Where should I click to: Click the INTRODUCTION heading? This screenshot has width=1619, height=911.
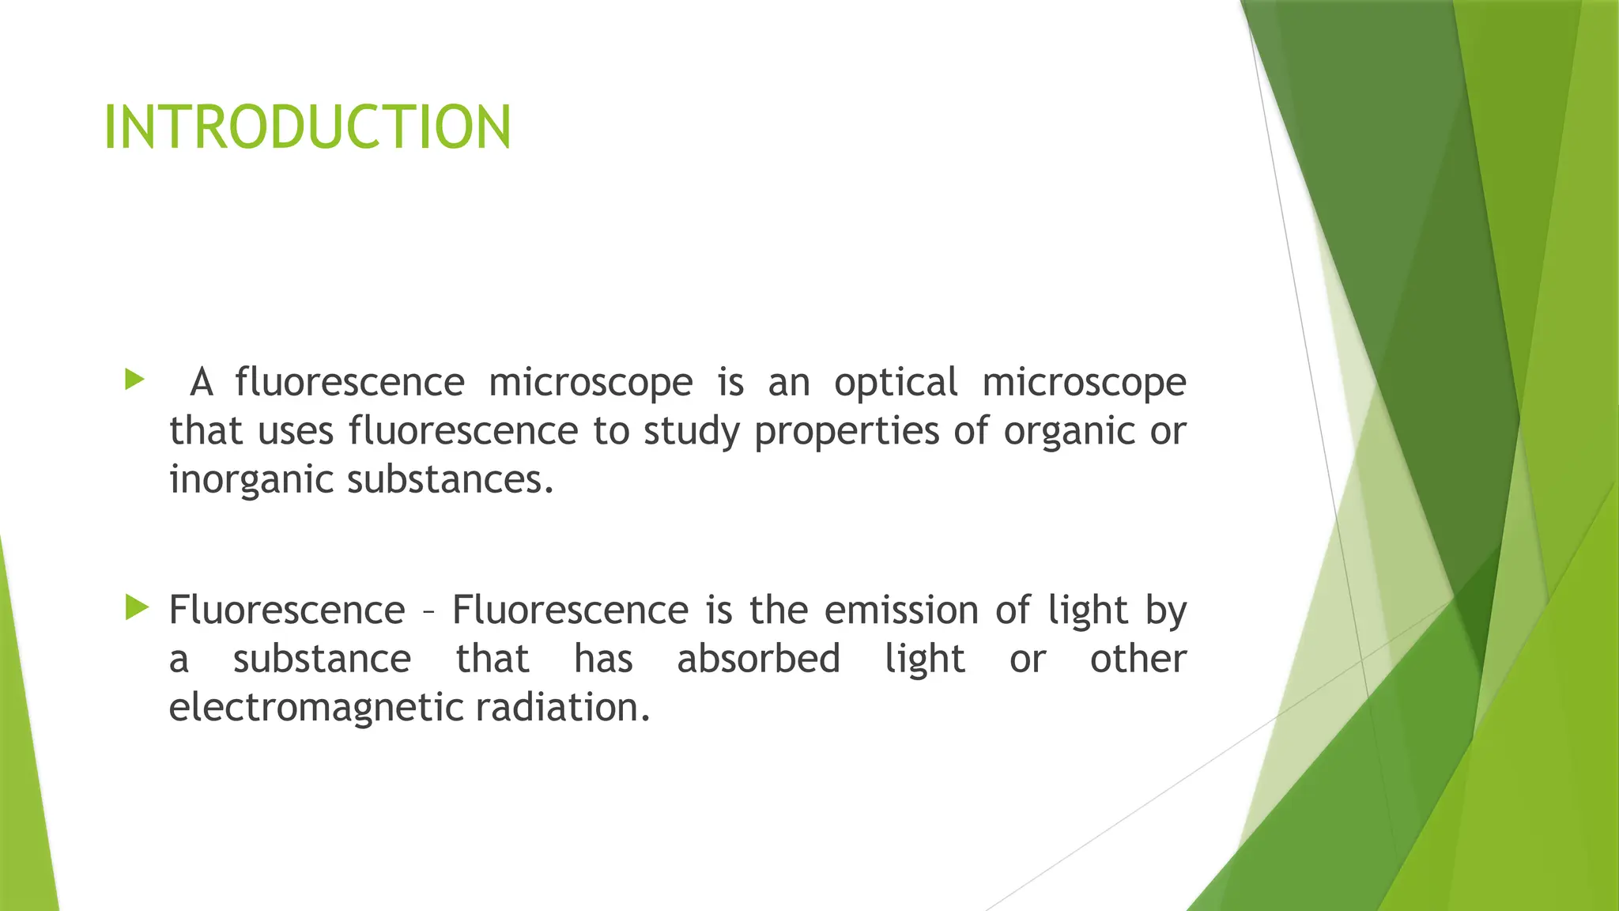pos(308,127)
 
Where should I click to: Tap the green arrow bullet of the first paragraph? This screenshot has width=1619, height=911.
pos(135,380)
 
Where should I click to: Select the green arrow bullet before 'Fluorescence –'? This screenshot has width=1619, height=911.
pos(137,608)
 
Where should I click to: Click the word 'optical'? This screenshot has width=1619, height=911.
pos(896,384)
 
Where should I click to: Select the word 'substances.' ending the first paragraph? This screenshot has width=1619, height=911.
pos(451,480)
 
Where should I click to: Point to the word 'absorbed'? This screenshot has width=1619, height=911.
pos(758,660)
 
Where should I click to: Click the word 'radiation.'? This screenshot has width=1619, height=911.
pos(563,707)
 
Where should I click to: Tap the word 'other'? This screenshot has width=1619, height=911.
pos(1138,660)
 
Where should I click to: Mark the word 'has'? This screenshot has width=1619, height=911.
pos(603,660)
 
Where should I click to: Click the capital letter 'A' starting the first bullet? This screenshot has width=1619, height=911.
pos(202,383)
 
